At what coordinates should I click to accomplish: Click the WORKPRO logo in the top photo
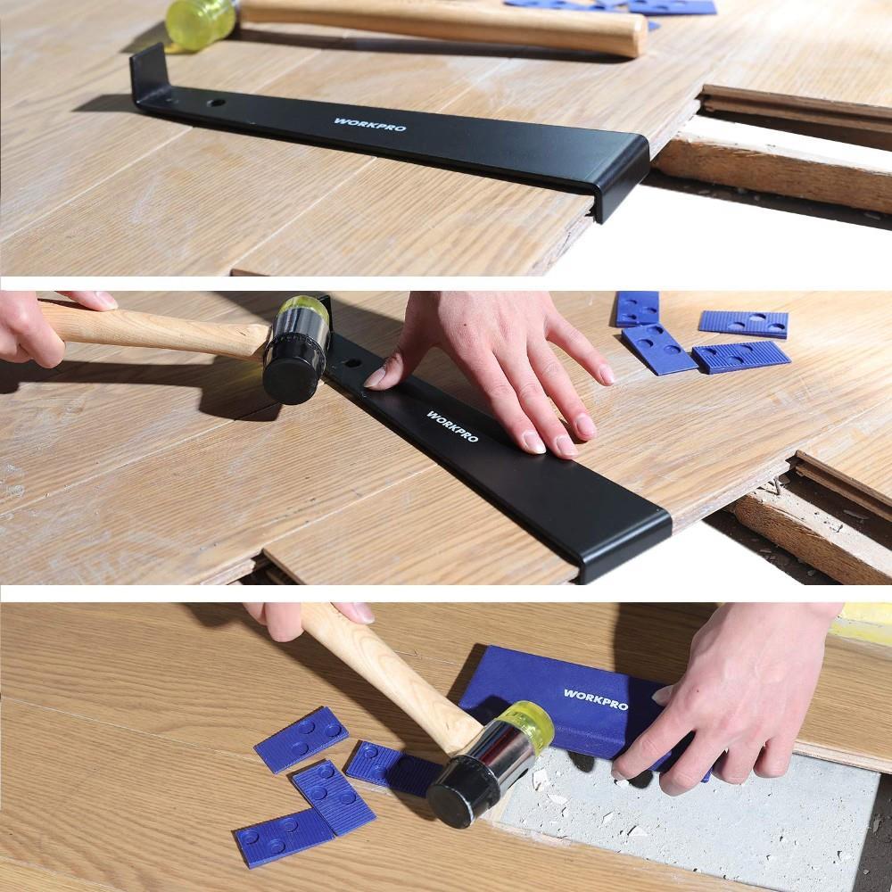click(369, 124)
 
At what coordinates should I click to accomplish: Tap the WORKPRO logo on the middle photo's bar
click(451, 426)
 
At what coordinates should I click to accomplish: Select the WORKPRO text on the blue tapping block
click(595, 699)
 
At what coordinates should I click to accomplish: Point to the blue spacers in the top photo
click(615, 6)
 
